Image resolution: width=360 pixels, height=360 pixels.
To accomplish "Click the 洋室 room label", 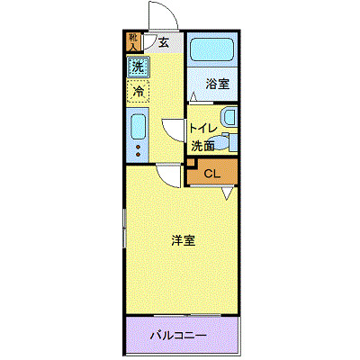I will [x=184, y=240].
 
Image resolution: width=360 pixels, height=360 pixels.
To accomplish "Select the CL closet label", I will [x=211, y=173].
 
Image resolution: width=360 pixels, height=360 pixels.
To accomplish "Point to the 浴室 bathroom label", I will [x=217, y=84].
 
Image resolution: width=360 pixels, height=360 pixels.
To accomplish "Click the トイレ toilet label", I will [x=203, y=128].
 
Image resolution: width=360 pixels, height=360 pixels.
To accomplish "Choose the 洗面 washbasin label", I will [x=202, y=144].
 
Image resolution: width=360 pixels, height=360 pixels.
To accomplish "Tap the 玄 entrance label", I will [x=164, y=41].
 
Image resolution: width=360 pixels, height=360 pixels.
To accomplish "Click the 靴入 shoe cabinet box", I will [x=133, y=41].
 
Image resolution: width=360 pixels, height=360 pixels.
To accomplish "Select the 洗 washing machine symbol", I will [x=137, y=67].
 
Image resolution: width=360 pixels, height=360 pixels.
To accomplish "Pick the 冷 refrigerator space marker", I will [x=138, y=91].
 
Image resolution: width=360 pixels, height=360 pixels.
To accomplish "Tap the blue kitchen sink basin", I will [x=138, y=126].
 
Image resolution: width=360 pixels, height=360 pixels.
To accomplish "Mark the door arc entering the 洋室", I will [x=166, y=175].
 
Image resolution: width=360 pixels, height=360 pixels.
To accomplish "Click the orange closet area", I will [x=211, y=173].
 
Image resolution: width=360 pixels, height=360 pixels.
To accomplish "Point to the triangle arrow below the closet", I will [x=228, y=193].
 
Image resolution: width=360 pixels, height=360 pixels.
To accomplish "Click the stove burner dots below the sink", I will [x=138, y=149].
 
